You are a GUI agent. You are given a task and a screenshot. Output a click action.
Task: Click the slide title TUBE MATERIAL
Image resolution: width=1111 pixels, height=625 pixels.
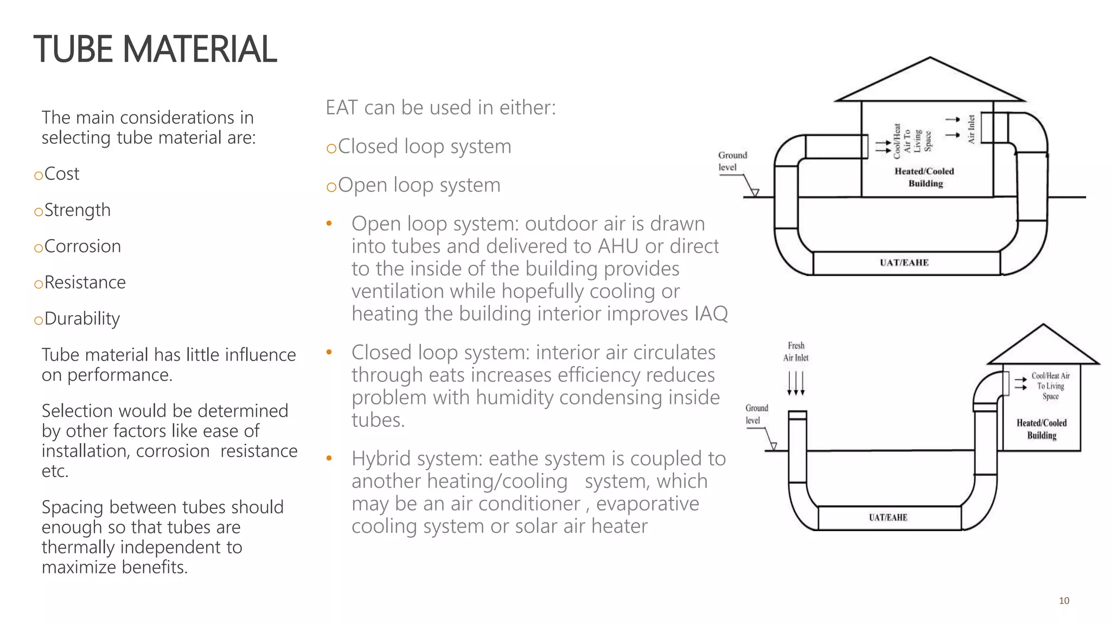pyautogui.click(x=155, y=49)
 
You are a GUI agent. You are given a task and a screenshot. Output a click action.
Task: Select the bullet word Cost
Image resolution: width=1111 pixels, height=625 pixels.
pyautogui.click(x=61, y=174)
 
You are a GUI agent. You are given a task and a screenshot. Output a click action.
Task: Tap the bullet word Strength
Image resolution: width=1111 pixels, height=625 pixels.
pyautogui.click(x=77, y=210)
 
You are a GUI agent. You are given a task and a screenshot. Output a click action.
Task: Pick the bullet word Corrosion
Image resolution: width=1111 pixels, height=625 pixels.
pyautogui.click(x=82, y=246)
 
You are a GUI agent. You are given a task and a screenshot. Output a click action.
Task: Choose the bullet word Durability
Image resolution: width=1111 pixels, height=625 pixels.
pyautogui.click(x=82, y=318)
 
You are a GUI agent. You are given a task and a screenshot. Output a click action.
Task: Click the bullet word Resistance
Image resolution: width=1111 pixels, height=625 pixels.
pyautogui.click(x=85, y=283)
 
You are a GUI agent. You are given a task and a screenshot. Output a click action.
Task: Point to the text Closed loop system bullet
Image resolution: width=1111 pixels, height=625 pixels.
pyautogui.click(x=424, y=146)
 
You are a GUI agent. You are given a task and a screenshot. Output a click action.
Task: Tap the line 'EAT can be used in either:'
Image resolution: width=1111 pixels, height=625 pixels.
pyautogui.click(x=440, y=107)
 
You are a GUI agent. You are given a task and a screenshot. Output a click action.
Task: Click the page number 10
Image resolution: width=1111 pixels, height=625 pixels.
pyautogui.click(x=1064, y=601)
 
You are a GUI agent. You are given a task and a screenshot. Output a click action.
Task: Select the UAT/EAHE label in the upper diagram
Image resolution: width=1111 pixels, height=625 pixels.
pyautogui.click(x=904, y=263)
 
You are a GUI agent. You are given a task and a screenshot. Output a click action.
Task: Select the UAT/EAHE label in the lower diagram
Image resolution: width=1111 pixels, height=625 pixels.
pyautogui.click(x=887, y=517)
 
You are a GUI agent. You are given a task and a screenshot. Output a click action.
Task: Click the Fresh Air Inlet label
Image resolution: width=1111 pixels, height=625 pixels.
pyautogui.click(x=796, y=352)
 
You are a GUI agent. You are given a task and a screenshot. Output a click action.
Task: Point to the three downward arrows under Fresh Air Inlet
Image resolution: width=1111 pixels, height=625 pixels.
pyautogui.click(x=796, y=384)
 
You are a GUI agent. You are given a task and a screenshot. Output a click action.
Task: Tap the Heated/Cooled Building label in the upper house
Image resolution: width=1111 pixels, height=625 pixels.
pyautogui.click(x=924, y=177)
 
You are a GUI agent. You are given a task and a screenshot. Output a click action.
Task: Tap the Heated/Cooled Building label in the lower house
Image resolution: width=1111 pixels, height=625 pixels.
pyautogui.click(x=1042, y=429)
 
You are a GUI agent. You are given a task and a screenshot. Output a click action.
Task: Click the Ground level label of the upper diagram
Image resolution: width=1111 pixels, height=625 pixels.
pyautogui.click(x=732, y=161)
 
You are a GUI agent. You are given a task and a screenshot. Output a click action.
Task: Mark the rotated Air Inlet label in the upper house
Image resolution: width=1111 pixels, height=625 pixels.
pyautogui.click(x=971, y=129)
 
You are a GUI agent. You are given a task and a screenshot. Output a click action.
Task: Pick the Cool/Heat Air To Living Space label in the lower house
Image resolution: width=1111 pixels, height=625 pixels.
pyautogui.click(x=1050, y=386)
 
